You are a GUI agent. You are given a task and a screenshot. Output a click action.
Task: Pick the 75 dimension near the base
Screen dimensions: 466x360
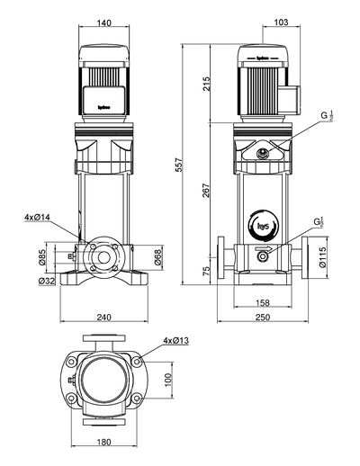(x=205, y=271)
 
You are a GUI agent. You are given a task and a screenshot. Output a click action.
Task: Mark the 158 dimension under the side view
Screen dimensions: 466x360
(x=260, y=303)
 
